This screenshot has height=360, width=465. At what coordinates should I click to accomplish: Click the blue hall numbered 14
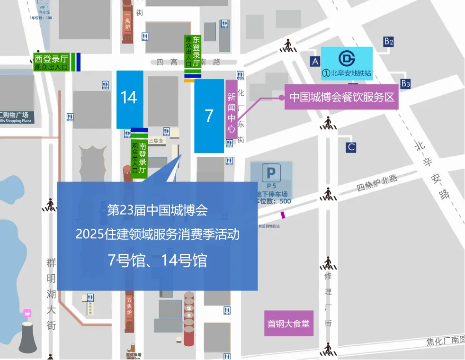(130, 99)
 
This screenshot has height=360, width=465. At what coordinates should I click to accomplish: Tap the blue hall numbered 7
(209, 116)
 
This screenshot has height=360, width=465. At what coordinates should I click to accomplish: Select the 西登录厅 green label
(52, 63)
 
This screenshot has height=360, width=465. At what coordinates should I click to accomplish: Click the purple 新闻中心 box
(231, 109)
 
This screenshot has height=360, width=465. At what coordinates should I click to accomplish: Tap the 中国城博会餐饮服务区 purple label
(341, 98)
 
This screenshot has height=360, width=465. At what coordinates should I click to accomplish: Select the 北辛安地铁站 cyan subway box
(347, 63)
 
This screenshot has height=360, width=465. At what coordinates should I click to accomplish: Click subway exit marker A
(315, 61)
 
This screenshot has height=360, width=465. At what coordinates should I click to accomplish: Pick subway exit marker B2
(389, 41)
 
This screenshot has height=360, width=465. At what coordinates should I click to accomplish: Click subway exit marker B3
(405, 84)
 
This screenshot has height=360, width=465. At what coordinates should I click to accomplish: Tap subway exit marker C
(351, 147)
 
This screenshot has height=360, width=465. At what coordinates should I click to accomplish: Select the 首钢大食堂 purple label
(288, 324)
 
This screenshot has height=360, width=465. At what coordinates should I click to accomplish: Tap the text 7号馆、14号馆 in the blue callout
(157, 261)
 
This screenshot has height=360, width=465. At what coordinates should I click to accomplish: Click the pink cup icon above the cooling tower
(28, 313)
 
